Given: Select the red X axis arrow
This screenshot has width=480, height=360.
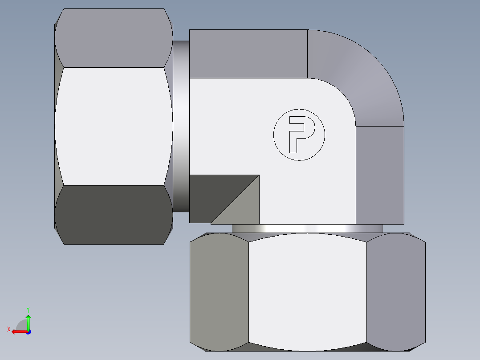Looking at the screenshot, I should [18, 331].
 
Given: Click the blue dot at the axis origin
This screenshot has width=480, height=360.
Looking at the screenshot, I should [28, 331].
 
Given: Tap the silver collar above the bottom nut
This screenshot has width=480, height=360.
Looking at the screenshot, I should [307, 228].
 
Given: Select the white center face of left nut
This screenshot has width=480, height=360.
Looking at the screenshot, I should [114, 126].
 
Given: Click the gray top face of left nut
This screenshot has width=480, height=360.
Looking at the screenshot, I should [114, 38].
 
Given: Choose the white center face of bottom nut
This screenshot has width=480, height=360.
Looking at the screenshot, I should [307, 292].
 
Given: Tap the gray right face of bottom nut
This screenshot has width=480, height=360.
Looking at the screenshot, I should [395, 292].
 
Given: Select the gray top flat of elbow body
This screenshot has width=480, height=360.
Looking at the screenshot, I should [248, 54].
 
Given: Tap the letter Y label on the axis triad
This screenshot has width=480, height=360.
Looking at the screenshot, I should [28, 309].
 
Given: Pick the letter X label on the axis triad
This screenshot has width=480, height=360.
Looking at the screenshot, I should [9, 330].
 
